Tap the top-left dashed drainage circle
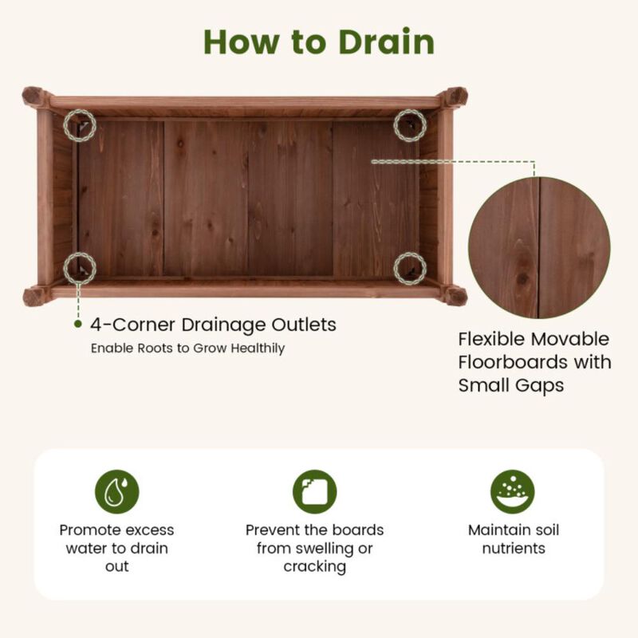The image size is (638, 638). pyautogui.click(x=80, y=125)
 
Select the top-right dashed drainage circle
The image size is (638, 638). pyautogui.click(x=410, y=125)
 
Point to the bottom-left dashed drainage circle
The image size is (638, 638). pyautogui.click(x=80, y=267)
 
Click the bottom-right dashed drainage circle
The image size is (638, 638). pyautogui.click(x=410, y=268)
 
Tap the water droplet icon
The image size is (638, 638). pyautogui.click(x=116, y=491)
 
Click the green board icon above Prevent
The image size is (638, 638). pyautogui.click(x=314, y=491)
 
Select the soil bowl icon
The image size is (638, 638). pyautogui.click(x=512, y=491)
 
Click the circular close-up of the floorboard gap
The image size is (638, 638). pyautogui.click(x=539, y=247)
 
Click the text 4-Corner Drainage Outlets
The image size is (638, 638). pyautogui.click(x=212, y=325)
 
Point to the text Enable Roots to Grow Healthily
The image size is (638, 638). pyautogui.click(x=187, y=349)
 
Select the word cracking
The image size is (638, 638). pyautogui.click(x=314, y=567)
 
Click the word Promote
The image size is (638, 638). pyautogui.click(x=90, y=530)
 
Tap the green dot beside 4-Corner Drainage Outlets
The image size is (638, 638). pyautogui.click(x=78, y=325)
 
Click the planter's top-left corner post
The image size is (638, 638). pyautogui.click(x=36, y=97)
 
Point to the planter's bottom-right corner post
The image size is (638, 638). pyautogui.click(x=455, y=296)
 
